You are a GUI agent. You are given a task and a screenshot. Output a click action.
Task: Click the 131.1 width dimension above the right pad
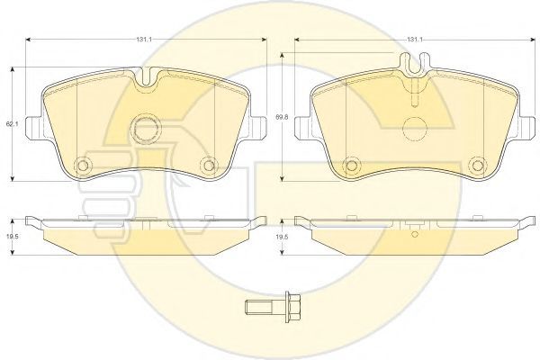click(414, 40)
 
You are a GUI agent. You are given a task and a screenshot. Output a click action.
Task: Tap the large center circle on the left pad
click(148, 129)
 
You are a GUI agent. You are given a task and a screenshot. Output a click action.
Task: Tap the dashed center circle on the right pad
click(415, 129)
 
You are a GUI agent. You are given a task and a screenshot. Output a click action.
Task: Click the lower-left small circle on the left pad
click(83, 166)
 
